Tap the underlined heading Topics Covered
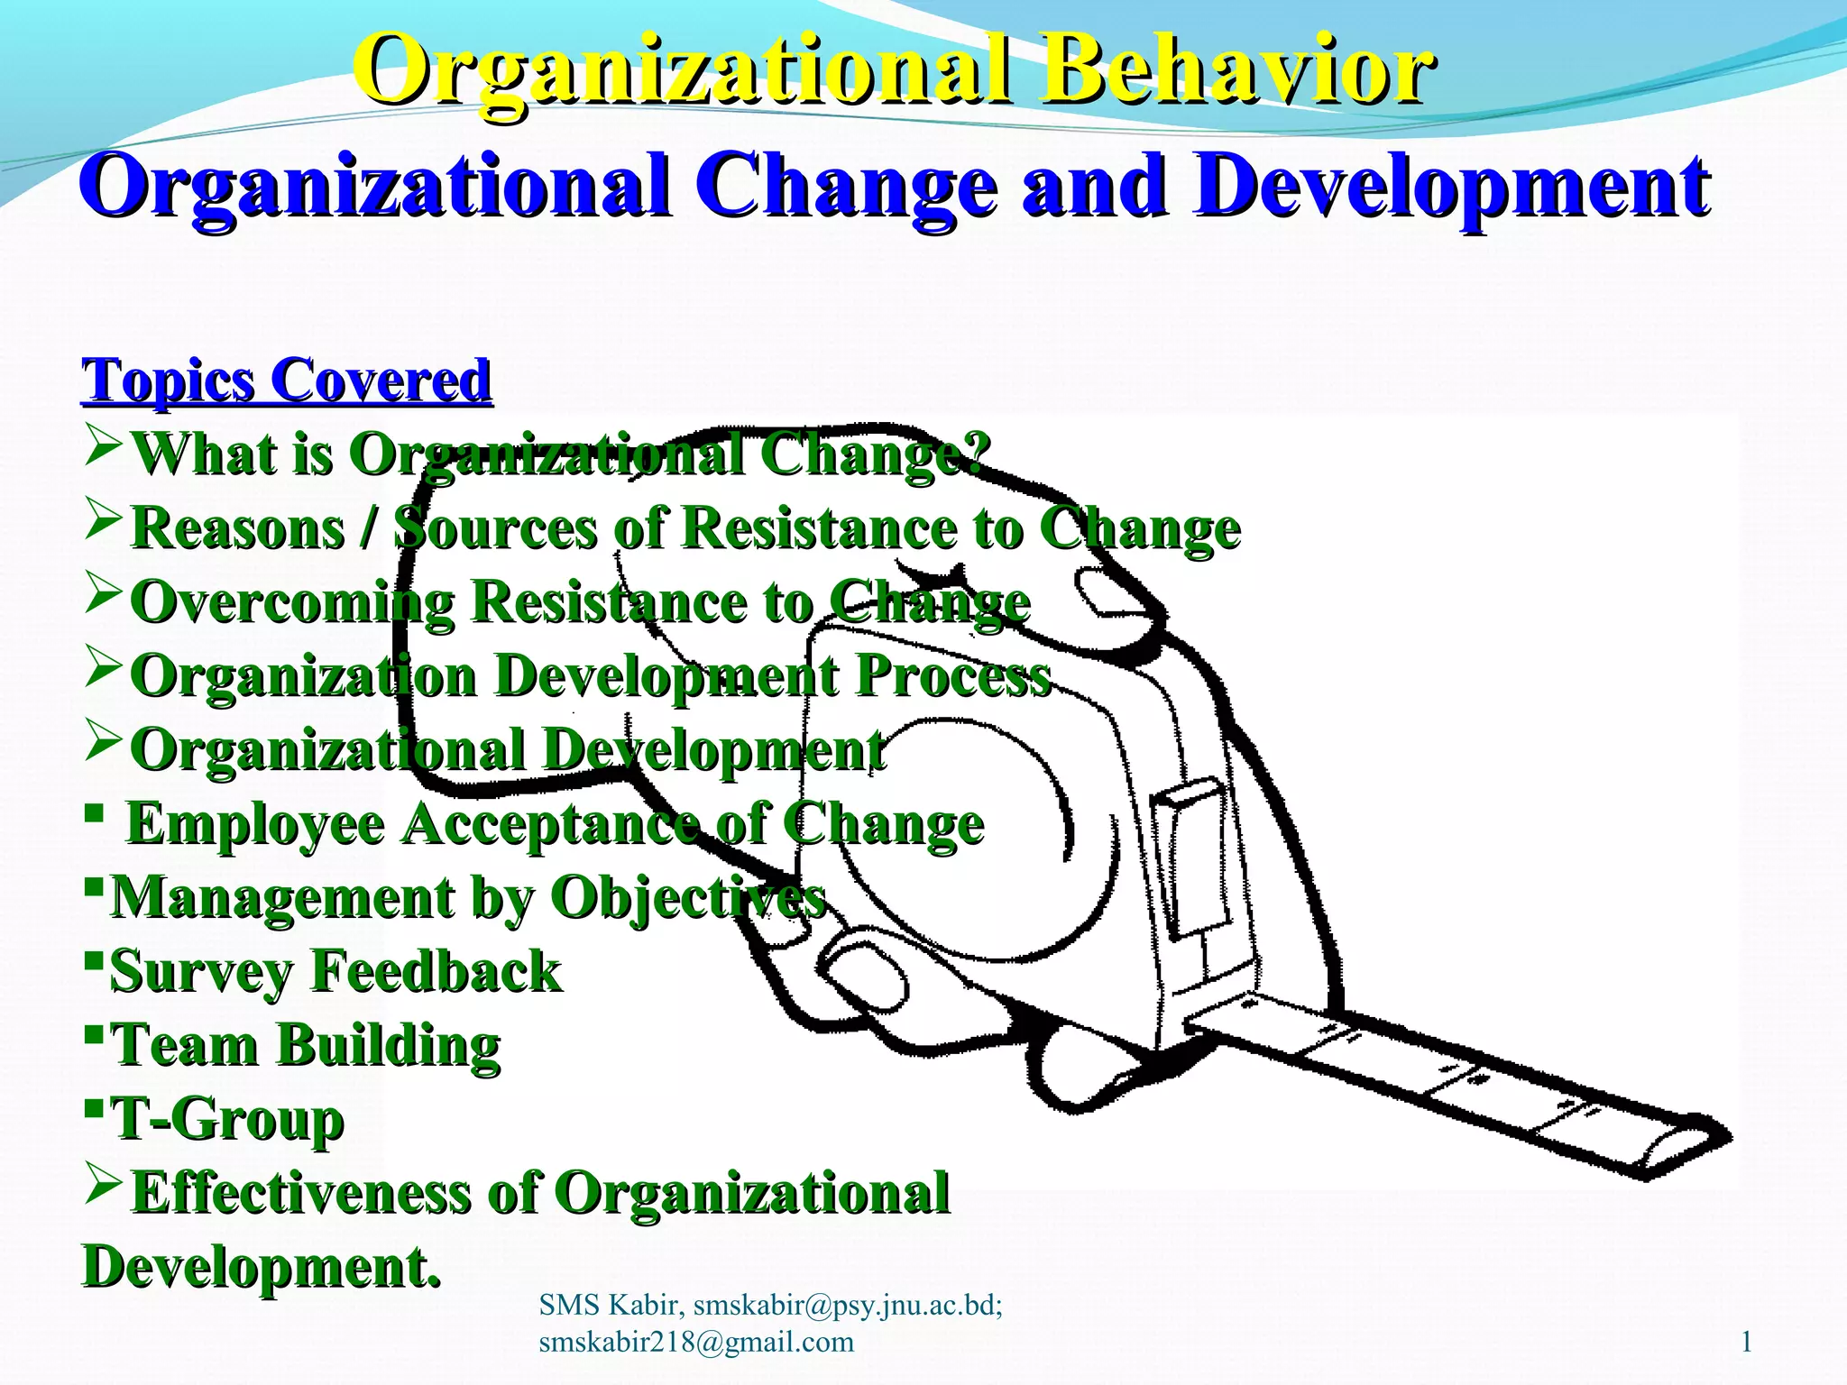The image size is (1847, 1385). pos(287,381)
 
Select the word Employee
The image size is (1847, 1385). pos(255,824)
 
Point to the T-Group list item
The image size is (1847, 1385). pos(226,1120)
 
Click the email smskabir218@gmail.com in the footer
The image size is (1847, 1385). pos(695,1342)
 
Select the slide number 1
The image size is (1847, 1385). pos(1746,1343)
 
